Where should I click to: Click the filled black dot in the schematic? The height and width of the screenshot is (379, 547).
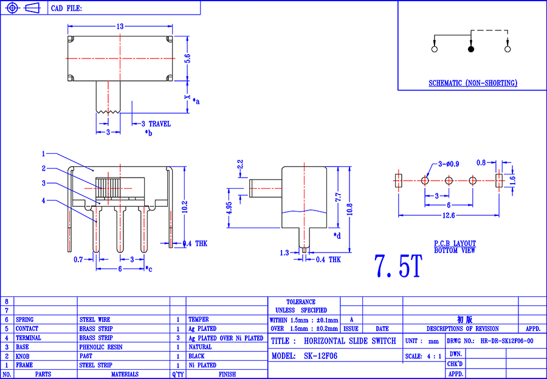click(471, 49)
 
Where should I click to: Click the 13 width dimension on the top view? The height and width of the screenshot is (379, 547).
click(120, 27)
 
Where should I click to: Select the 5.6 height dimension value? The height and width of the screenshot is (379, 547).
click(188, 58)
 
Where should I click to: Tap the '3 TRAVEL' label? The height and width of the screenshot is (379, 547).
click(156, 124)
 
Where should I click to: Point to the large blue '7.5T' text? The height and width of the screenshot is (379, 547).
click(398, 266)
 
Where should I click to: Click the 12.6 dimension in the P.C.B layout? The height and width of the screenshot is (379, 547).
click(449, 215)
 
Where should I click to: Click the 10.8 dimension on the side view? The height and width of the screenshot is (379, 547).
click(350, 209)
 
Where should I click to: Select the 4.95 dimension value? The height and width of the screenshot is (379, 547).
click(229, 208)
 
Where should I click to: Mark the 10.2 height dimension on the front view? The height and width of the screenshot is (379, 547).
click(185, 207)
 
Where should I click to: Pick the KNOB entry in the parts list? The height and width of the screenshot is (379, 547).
click(22, 356)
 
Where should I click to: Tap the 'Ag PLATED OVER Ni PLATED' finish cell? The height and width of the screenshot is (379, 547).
click(225, 338)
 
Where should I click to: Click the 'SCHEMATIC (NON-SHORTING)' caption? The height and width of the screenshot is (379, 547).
click(473, 83)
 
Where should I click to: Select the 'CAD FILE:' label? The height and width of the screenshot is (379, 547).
click(67, 9)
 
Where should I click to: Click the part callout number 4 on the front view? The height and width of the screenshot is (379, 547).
click(44, 201)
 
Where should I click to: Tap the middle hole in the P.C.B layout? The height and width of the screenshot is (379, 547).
click(449, 181)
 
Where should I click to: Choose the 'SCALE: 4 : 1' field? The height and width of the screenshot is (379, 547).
click(423, 356)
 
